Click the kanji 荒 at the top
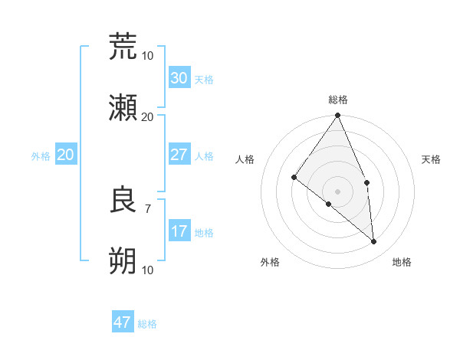coord(123,47)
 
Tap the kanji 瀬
coord(123,108)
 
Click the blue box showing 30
coord(179,78)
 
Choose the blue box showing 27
coord(179,155)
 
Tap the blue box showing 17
coord(179,231)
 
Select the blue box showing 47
coord(123,322)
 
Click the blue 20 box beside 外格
coord(66,155)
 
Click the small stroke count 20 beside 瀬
coord(147,116)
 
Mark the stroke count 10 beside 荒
coord(147,55)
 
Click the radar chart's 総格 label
coord(338,100)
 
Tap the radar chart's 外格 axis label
coord(270,262)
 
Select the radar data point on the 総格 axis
coord(338,116)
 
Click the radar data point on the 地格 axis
coord(374,241)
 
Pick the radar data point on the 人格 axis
coord(294,177)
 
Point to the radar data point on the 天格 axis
coord(367,182)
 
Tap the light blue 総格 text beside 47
coord(147,324)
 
